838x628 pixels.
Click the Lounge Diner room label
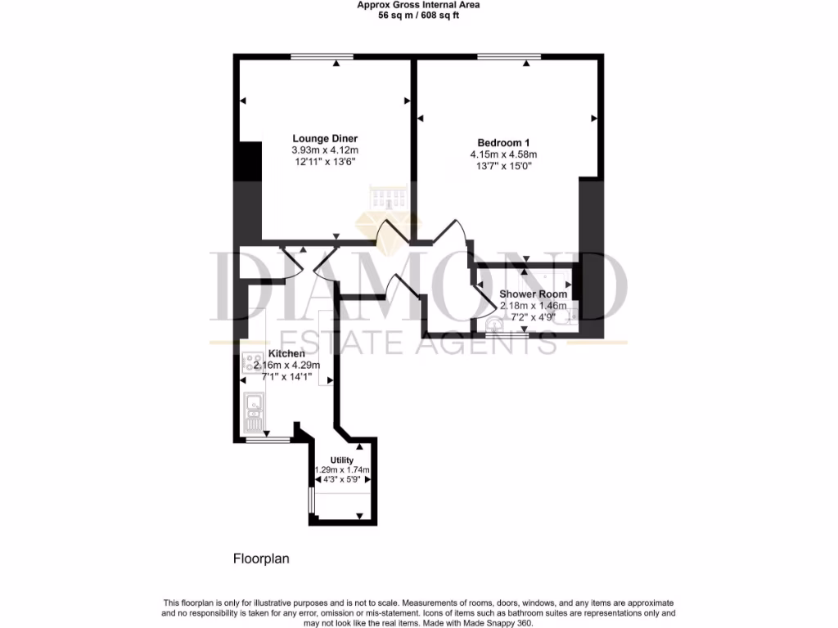click(x=325, y=138)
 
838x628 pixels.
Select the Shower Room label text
click(x=533, y=294)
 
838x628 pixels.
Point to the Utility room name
click(x=342, y=460)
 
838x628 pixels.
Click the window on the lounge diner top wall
click(x=322, y=56)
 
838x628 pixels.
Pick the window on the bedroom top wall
click(x=509, y=56)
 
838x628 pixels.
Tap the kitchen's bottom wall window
click(x=268, y=440)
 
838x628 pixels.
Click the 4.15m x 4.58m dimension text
click(x=503, y=155)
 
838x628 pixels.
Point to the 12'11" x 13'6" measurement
click(x=325, y=162)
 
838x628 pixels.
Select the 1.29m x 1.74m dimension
click(x=343, y=470)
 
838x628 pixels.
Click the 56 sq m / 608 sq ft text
click(x=417, y=16)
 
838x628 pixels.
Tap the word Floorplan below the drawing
click(x=261, y=559)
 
